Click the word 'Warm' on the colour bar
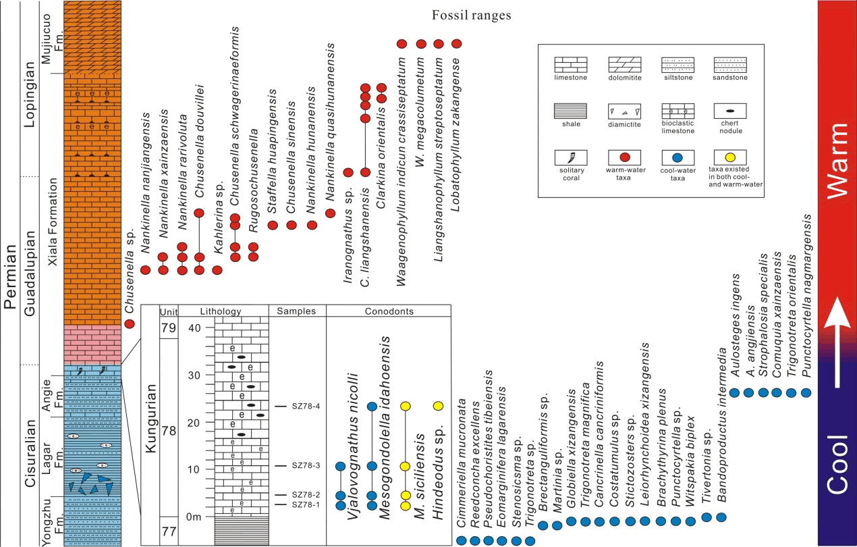coord(837,160)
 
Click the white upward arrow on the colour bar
coord(837,344)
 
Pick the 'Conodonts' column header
coord(388,311)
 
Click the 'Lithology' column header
coord(221,311)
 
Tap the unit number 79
coord(168,328)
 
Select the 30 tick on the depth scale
coord(195,375)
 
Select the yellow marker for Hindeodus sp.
coord(438,406)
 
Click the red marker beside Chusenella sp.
coord(130,323)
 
